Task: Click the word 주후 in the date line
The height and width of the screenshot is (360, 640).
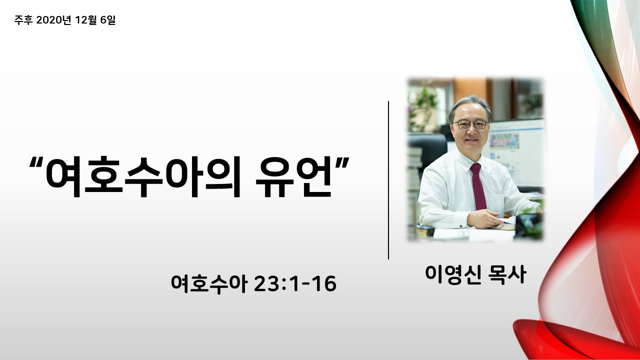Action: (x=23, y=20)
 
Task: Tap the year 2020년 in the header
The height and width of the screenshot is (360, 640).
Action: (x=53, y=20)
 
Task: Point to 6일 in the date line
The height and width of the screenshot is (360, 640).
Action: (x=108, y=20)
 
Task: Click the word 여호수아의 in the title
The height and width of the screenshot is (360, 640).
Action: (x=143, y=176)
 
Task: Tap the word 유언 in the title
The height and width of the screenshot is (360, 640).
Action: (x=293, y=176)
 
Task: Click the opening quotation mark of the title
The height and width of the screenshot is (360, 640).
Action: (x=36, y=163)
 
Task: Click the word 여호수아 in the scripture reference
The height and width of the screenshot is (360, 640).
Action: (x=209, y=284)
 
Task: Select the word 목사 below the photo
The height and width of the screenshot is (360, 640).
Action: (x=507, y=274)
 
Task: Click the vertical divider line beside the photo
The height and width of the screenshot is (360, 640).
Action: (x=388, y=180)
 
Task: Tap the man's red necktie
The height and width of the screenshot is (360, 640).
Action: (x=477, y=186)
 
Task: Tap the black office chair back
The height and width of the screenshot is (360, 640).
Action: (x=427, y=151)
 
